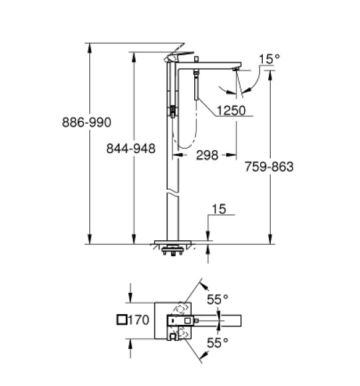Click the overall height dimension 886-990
click(86, 122)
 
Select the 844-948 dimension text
click(132, 149)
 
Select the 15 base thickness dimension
click(219, 210)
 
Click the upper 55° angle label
click(217, 299)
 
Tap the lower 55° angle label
click(217, 343)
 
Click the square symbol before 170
click(121, 320)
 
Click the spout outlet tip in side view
click(236, 69)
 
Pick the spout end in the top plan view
click(233, 321)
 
